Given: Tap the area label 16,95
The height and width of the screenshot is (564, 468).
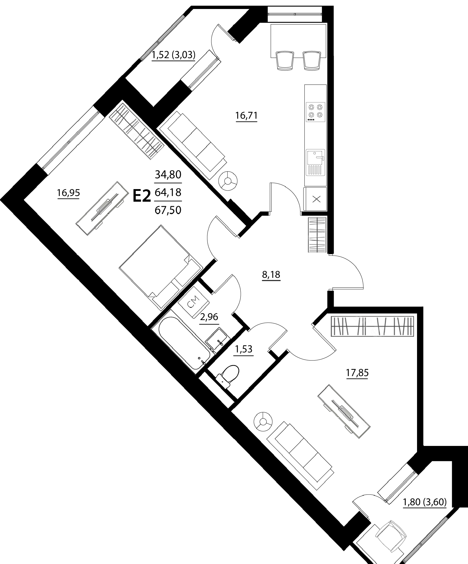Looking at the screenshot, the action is (x=68, y=193).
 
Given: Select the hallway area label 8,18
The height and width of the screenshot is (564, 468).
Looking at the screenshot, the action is (x=271, y=275).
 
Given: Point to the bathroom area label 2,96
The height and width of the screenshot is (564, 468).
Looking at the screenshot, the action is (x=209, y=316).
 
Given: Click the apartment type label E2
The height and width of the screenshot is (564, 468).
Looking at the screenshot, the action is (x=141, y=196).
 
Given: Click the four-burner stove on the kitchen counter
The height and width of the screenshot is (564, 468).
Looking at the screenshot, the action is (x=315, y=112).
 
